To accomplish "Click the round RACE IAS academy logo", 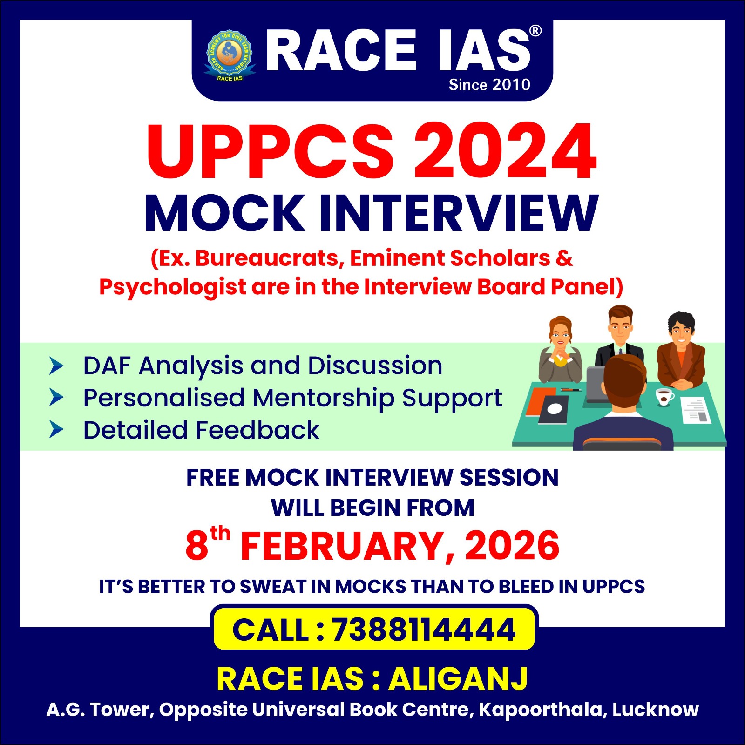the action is (x=230, y=55).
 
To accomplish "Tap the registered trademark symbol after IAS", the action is (x=535, y=31).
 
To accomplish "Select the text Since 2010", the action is (x=489, y=84).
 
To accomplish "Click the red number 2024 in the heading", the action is (x=505, y=150).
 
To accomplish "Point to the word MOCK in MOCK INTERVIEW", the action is (x=224, y=213).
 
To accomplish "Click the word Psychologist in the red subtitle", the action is (x=172, y=287).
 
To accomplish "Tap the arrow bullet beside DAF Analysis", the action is (x=56, y=366).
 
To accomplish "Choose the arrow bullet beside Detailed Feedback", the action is (x=56, y=430).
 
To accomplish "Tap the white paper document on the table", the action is (x=696, y=410).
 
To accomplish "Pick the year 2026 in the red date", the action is (x=512, y=546).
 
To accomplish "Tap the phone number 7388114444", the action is (x=423, y=630).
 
